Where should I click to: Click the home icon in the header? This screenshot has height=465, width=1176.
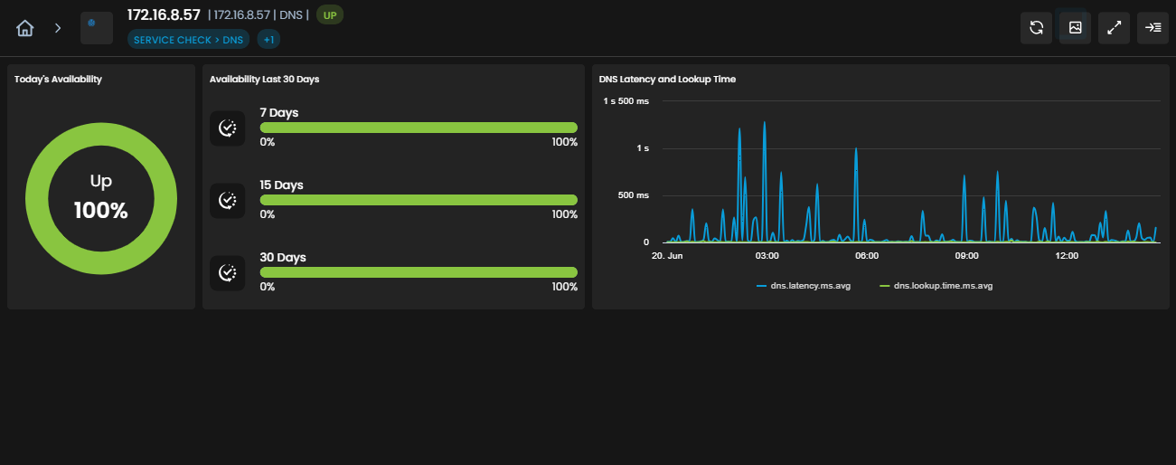click(24, 28)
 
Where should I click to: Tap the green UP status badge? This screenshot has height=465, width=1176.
click(330, 15)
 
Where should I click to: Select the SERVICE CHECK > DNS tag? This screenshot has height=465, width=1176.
click(189, 40)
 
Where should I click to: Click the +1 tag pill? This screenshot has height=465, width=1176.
click(268, 40)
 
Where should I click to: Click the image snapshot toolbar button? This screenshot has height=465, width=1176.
click(1075, 28)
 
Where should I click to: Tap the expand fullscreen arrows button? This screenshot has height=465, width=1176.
click(1114, 28)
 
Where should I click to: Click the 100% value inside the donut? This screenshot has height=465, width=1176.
click(101, 210)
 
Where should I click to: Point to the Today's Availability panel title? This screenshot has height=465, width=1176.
click(58, 80)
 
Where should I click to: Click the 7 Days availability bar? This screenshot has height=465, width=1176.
click(419, 128)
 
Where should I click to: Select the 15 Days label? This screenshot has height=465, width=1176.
click(281, 185)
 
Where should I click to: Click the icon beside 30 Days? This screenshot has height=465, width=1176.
click(227, 272)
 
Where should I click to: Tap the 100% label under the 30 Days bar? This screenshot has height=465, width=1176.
click(564, 287)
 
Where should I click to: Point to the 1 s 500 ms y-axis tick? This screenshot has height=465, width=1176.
click(626, 101)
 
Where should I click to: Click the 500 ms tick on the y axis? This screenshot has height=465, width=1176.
click(633, 195)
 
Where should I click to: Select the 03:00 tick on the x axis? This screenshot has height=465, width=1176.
click(767, 256)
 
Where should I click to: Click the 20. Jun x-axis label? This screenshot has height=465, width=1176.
click(667, 256)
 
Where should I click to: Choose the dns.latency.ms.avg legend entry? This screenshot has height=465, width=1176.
click(804, 286)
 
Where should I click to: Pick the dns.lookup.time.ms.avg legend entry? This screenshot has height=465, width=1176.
click(936, 286)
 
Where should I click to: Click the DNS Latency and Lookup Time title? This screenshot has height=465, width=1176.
click(667, 80)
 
